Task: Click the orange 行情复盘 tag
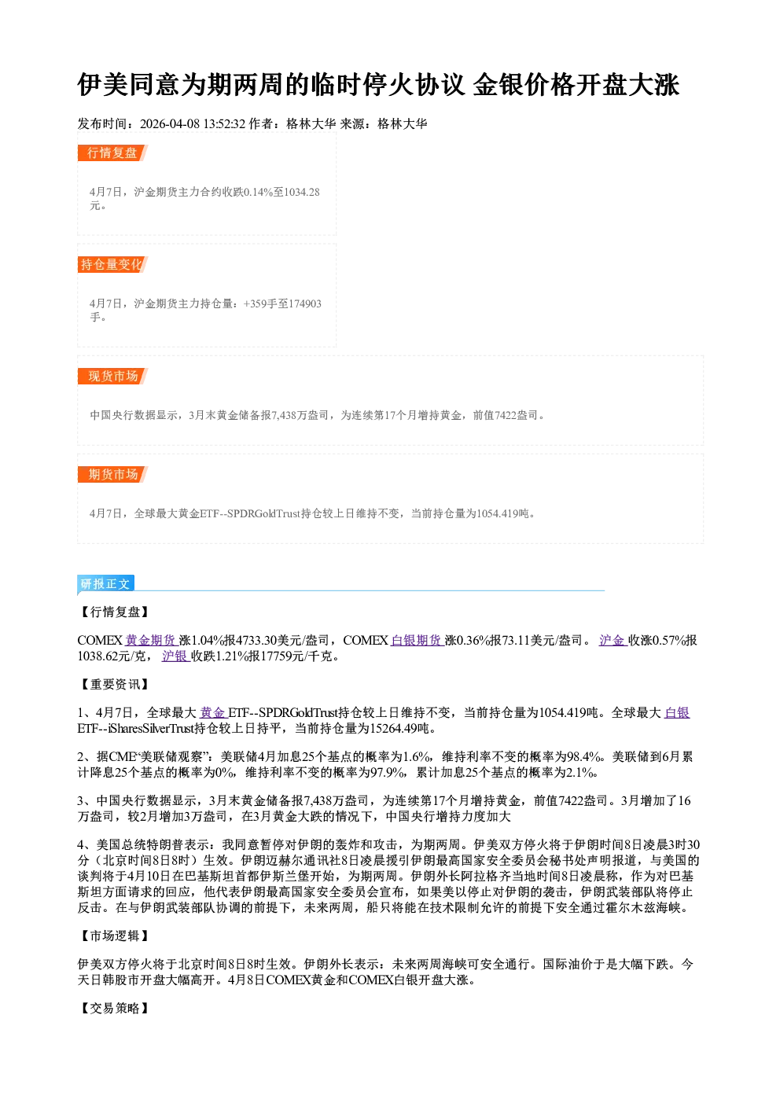click(112, 153)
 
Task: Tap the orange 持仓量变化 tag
click(112, 264)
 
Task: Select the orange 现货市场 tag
click(112, 377)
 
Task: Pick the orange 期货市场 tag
click(112, 474)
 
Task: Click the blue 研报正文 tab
click(105, 584)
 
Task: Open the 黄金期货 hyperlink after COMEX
click(151, 640)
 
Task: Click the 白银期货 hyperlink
click(417, 640)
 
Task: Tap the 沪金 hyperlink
click(613, 640)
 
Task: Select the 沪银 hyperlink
click(175, 656)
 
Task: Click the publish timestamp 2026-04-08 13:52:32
click(193, 123)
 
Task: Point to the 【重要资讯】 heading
click(114, 684)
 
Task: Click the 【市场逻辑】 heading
click(114, 936)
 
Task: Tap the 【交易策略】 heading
click(114, 1008)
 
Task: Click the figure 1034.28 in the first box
click(302, 192)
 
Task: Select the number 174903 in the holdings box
click(305, 303)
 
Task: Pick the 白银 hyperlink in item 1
click(677, 712)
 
